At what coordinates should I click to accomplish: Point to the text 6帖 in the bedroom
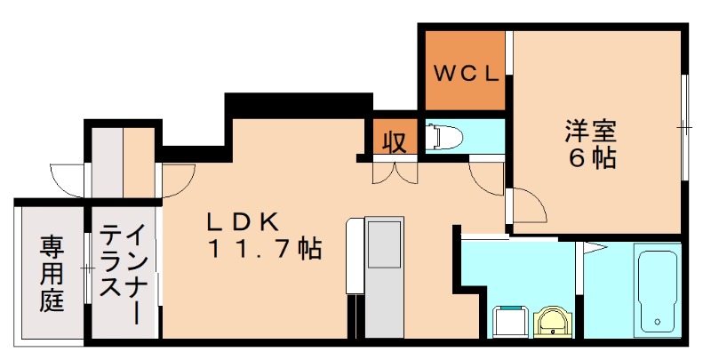pos(594,159)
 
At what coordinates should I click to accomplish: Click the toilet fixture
pos(443,138)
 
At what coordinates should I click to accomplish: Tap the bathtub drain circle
pos(658,322)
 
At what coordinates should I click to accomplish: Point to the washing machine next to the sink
pos(509,321)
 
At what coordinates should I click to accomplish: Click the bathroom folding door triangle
pos(594,245)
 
